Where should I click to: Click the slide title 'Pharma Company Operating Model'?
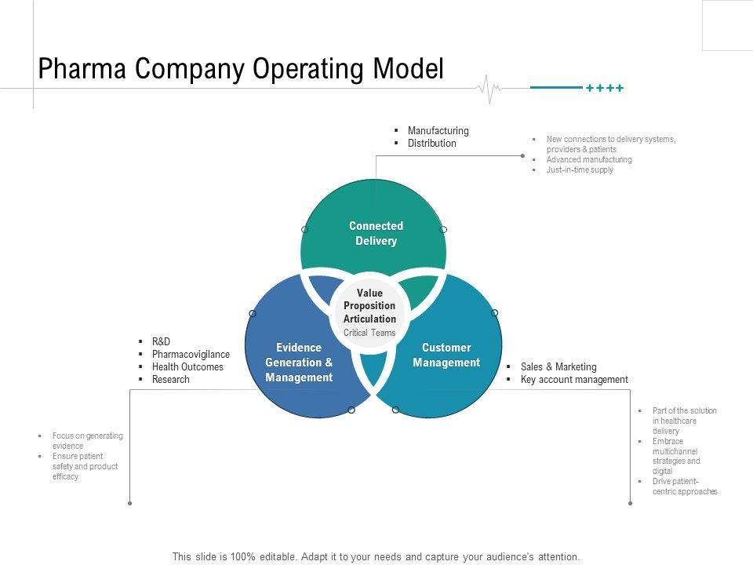pyautogui.click(x=241, y=69)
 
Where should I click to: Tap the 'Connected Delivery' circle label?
pyautogui.click(x=376, y=233)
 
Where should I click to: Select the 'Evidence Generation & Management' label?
pyautogui.click(x=299, y=363)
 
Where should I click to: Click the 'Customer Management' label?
pyautogui.click(x=446, y=355)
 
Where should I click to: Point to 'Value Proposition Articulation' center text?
pyautogui.click(x=369, y=306)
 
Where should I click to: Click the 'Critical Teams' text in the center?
pyautogui.click(x=369, y=333)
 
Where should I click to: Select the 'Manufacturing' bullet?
pyautogui.click(x=438, y=130)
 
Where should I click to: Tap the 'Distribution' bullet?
pyautogui.click(x=431, y=144)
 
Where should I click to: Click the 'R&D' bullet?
pyautogui.click(x=161, y=341)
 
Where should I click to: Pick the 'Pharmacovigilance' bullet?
pyautogui.click(x=191, y=354)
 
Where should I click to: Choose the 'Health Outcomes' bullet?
pyautogui.click(x=187, y=366)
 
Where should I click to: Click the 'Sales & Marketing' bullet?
pyautogui.click(x=558, y=366)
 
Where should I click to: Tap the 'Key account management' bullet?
pyautogui.click(x=574, y=380)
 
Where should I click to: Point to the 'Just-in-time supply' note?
pyautogui.click(x=580, y=169)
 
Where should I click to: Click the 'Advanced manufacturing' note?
pyautogui.click(x=589, y=159)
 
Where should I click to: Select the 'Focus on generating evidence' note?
pyautogui.click(x=87, y=440)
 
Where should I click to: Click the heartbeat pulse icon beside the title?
pyautogui.click(x=489, y=88)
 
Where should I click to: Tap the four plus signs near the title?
pyautogui.click(x=605, y=89)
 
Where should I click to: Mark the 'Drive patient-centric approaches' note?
pyautogui.click(x=684, y=487)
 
